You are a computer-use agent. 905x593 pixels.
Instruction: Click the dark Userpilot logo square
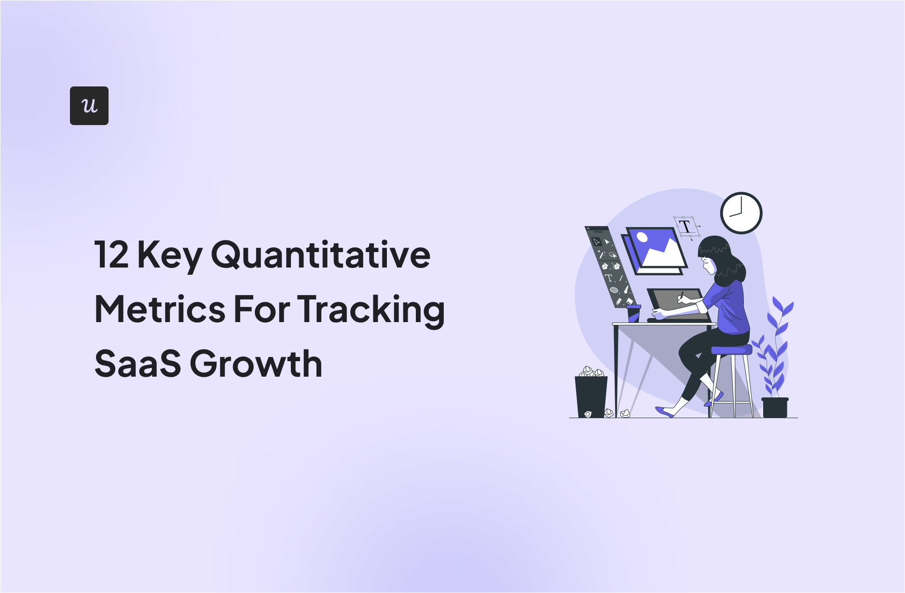(89, 106)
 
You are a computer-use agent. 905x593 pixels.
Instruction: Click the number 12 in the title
(112, 254)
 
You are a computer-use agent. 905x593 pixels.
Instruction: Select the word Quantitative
(321, 255)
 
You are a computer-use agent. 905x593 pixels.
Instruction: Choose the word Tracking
(371, 311)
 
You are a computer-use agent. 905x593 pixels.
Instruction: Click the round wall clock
(741, 213)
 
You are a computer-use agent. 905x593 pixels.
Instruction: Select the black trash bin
(591, 396)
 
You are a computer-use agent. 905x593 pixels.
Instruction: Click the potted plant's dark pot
(775, 408)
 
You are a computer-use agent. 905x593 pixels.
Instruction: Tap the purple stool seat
(731, 350)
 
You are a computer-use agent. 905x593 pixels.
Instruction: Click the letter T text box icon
(686, 226)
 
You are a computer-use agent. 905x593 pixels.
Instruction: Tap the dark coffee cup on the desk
(633, 313)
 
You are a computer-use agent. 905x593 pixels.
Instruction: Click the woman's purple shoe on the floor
(665, 412)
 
